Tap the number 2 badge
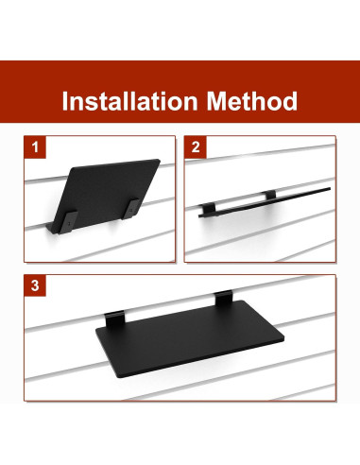click(196, 148)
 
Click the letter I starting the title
click(65, 101)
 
